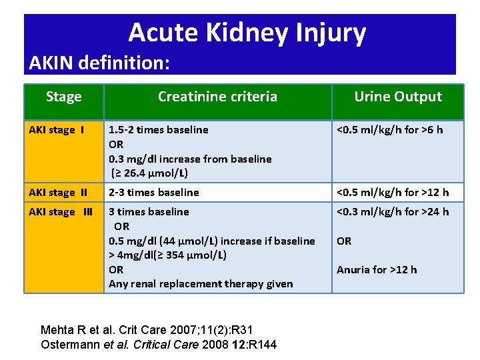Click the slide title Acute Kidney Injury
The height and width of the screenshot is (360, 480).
click(x=247, y=32)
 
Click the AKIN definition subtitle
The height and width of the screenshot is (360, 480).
click(x=100, y=63)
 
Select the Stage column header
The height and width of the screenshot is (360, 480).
click(x=64, y=97)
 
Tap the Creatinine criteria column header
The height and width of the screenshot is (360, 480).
click(x=217, y=97)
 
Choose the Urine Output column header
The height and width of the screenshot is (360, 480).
click(x=398, y=97)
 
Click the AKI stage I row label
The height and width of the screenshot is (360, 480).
click(x=57, y=130)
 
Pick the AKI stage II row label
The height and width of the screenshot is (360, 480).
click(x=58, y=193)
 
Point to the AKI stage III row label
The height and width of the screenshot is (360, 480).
click(x=61, y=212)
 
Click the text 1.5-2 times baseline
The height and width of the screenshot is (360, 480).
click(x=159, y=130)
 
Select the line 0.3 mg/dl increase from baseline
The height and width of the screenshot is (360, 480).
click(x=190, y=159)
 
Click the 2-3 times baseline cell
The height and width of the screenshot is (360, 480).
click(x=154, y=193)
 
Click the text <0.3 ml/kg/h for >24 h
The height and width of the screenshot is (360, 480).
click(x=393, y=212)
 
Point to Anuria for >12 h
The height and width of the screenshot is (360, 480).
click(x=377, y=270)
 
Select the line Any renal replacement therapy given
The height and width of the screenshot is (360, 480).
click(x=201, y=284)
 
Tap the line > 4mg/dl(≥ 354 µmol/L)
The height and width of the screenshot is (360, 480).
click(x=168, y=255)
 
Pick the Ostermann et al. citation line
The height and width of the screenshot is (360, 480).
click(x=159, y=344)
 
